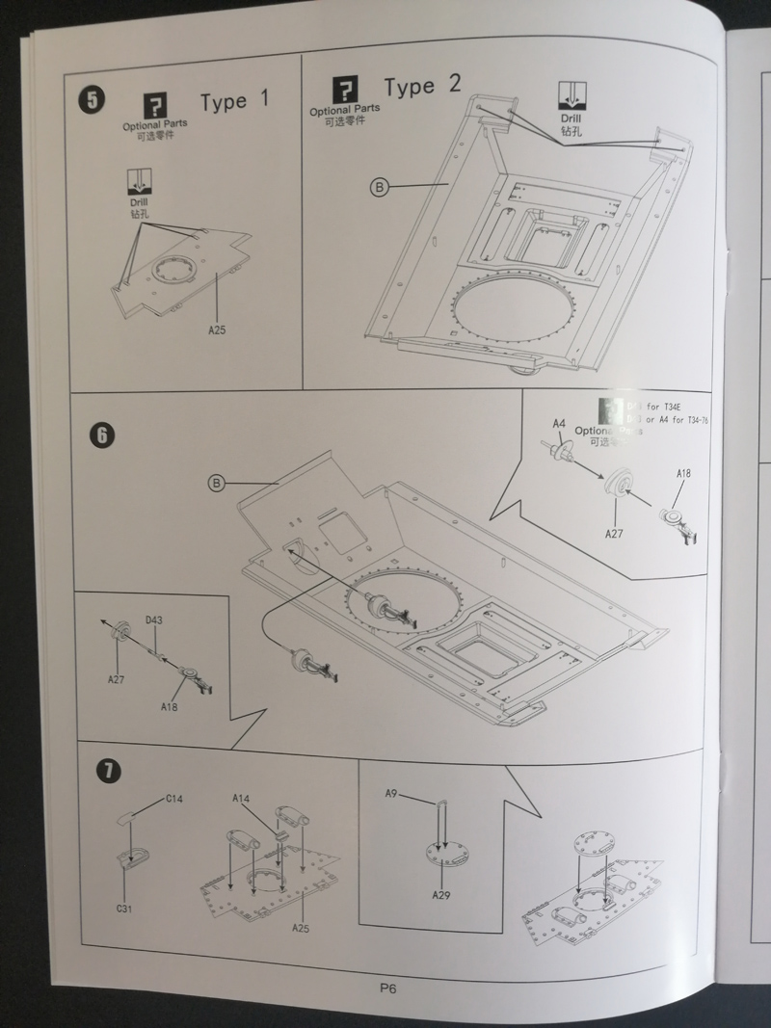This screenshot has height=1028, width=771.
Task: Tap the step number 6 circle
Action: tap(103, 435)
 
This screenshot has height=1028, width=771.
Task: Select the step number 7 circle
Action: tap(108, 771)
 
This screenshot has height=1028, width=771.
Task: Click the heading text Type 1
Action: tap(236, 101)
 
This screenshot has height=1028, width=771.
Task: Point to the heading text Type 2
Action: tap(422, 87)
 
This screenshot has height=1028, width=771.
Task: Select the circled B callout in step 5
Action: tap(379, 188)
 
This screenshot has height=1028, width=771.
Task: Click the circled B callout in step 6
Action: tap(217, 483)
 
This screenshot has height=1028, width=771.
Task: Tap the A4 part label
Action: tap(559, 424)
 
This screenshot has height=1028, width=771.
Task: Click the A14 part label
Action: tap(241, 799)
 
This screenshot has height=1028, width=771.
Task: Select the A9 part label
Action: tap(391, 794)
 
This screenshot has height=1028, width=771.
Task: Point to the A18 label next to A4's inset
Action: tap(684, 474)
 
